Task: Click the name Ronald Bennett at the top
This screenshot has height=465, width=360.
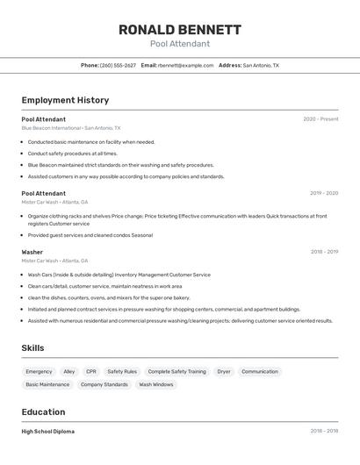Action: (x=179, y=29)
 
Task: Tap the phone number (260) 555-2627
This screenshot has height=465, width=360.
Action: (x=118, y=65)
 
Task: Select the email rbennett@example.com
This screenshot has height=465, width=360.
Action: (x=186, y=65)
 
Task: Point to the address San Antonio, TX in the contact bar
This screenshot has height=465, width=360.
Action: (x=261, y=65)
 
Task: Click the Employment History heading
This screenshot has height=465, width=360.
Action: (x=65, y=100)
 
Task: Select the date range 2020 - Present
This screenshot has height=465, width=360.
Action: (x=320, y=119)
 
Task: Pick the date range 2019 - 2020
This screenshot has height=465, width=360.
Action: (x=323, y=193)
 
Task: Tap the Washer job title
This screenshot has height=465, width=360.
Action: (x=32, y=252)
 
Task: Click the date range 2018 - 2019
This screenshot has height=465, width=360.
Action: (x=323, y=252)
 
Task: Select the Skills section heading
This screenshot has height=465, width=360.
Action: (x=32, y=348)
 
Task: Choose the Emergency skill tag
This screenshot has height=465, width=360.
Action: (x=39, y=372)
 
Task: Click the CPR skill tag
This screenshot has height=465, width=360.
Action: (x=91, y=372)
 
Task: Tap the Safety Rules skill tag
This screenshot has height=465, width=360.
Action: (x=122, y=372)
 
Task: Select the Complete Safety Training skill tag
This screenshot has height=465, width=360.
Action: (x=176, y=372)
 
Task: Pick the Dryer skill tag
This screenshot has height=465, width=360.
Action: (x=224, y=372)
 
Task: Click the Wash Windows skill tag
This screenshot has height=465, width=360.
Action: (x=156, y=384)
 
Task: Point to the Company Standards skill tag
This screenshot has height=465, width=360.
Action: (x=104, y=384)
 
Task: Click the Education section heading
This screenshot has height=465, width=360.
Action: (x=43, y=411)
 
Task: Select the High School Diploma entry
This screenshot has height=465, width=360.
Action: (x=48, y=432)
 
